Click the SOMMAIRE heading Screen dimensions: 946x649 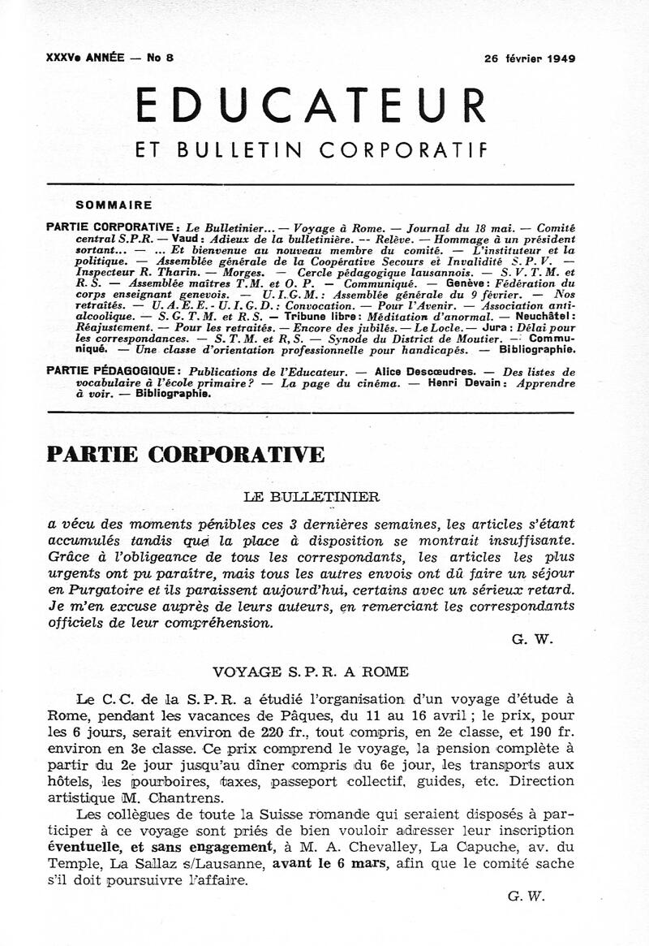coord(114,205)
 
